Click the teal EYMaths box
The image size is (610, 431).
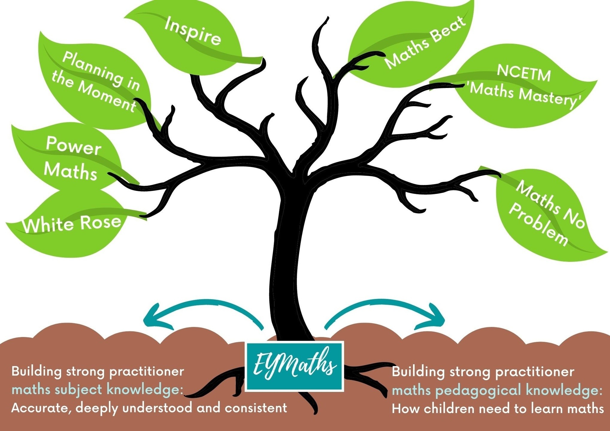pyautogui.click(x=294, y=366)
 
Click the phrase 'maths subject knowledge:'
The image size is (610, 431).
pyautogui.click(x=97, y=390)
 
